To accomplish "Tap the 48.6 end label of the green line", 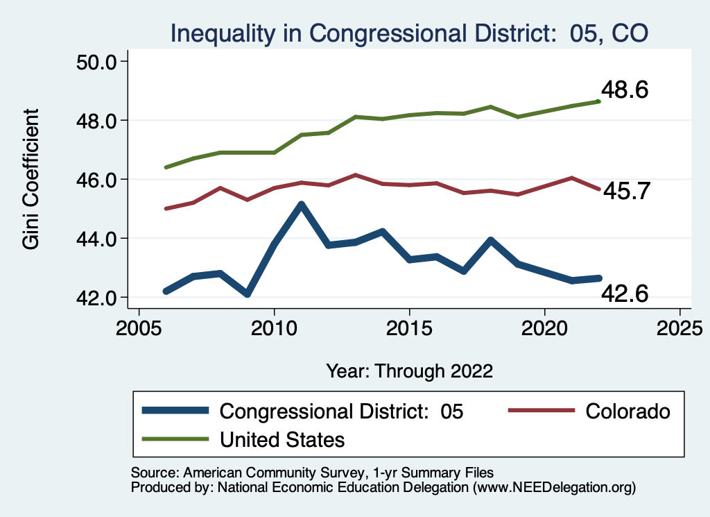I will [x=625, y=90].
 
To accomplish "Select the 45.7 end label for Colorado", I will [x=626, y=191].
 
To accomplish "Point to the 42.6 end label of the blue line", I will [x=625, y=294].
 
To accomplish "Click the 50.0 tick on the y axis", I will [x=95, y=62].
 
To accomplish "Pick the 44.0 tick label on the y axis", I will [x=95, y=239].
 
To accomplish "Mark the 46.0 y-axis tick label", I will [x=95, y=180].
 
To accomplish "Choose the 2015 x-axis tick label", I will [x=409, y=327].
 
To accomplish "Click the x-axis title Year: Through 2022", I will [x=409, y=371].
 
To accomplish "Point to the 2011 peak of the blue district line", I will [x=301, y=205].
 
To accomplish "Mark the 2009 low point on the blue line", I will [x=248, y=294].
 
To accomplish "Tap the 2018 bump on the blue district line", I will [x=490, y=241].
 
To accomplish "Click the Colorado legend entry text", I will [x=628, y=411].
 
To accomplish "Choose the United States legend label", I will [x=282, y=439].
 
